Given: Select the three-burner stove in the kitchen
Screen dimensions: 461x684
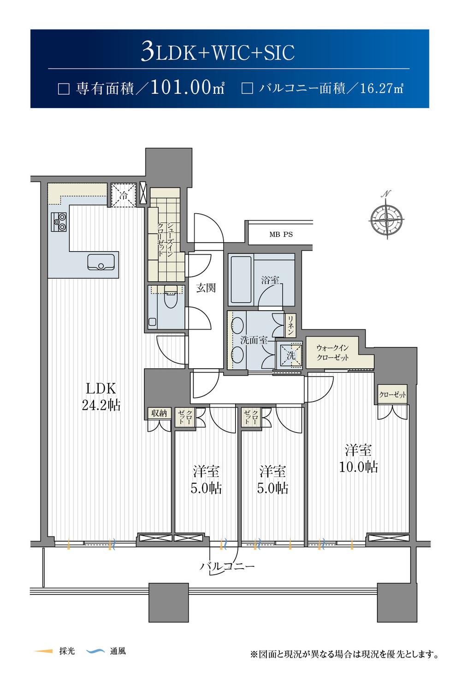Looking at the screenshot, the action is click(59, 222).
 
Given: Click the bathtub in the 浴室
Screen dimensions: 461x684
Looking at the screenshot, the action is click(241, 279).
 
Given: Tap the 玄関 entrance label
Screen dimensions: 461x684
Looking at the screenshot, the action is click(206, 288).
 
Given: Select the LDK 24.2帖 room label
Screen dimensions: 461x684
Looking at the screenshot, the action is click(101, 396).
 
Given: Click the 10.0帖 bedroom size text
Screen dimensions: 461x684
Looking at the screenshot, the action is click(359, 467).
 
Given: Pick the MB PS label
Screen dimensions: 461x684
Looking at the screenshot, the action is click(281, 234).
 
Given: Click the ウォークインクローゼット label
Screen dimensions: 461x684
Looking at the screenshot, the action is click(332, 353).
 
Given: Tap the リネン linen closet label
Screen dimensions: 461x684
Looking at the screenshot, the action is click(290, 325).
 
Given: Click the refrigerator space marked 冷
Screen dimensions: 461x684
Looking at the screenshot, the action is click(123, 195).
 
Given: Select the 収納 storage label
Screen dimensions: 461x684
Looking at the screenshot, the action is click(159, 414).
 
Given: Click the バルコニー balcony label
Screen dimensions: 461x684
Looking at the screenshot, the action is click(227, 567).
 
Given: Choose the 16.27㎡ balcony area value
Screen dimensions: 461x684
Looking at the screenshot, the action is click(382, 89).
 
